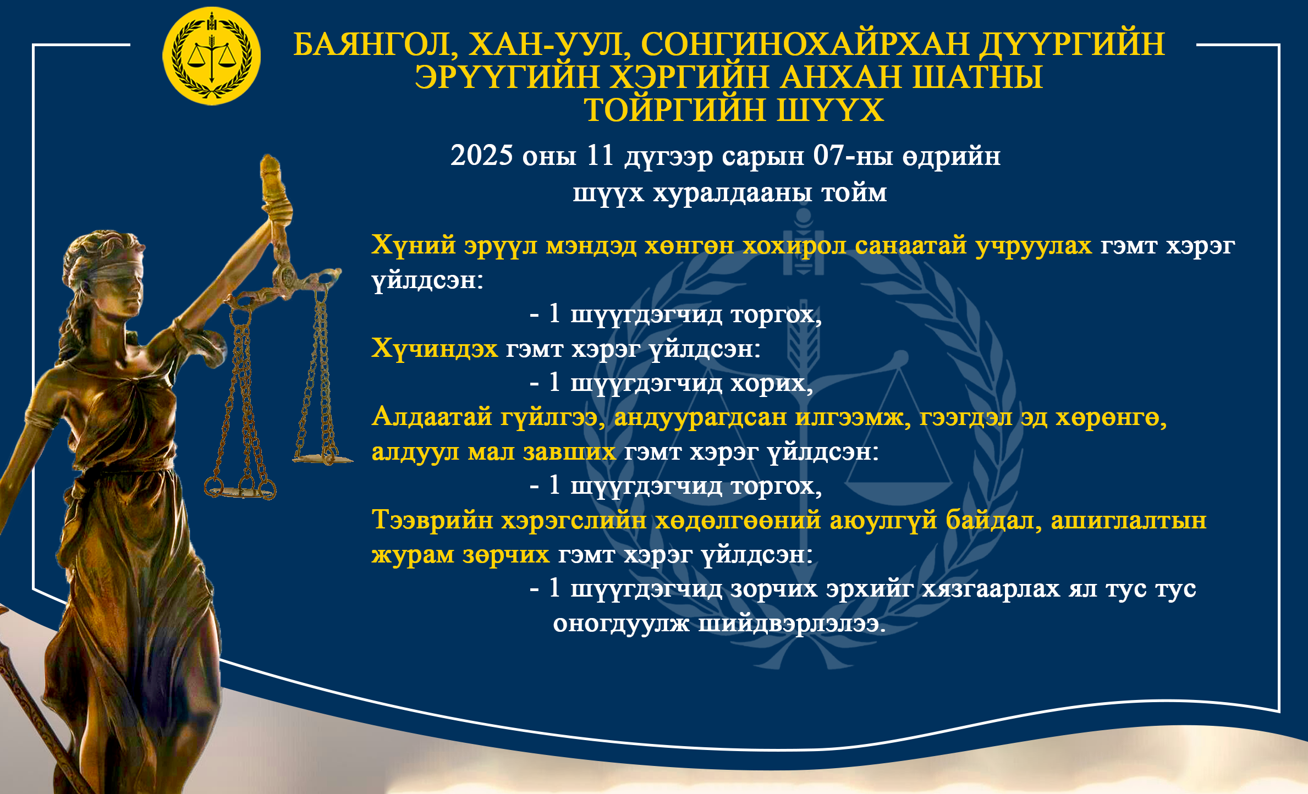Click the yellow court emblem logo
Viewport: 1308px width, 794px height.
pyautogui.click(x=211, y=56)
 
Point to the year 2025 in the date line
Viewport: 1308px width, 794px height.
pyautogui.click(x=482, y=156)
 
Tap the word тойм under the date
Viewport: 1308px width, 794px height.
pyautogui.click(x=854, y=193)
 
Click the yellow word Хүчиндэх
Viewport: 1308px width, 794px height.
pyautogui.click(x=435, y=348)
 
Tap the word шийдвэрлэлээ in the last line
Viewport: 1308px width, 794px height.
pyautogui.click(x=792, y=624)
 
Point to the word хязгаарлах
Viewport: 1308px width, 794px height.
pyautogui.click(x=991, y=589)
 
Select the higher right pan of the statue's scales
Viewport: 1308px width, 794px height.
pyautogui.click(x=322, y=457)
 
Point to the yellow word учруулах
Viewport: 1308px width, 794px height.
pyautogui.click(x=1034, y=245)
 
